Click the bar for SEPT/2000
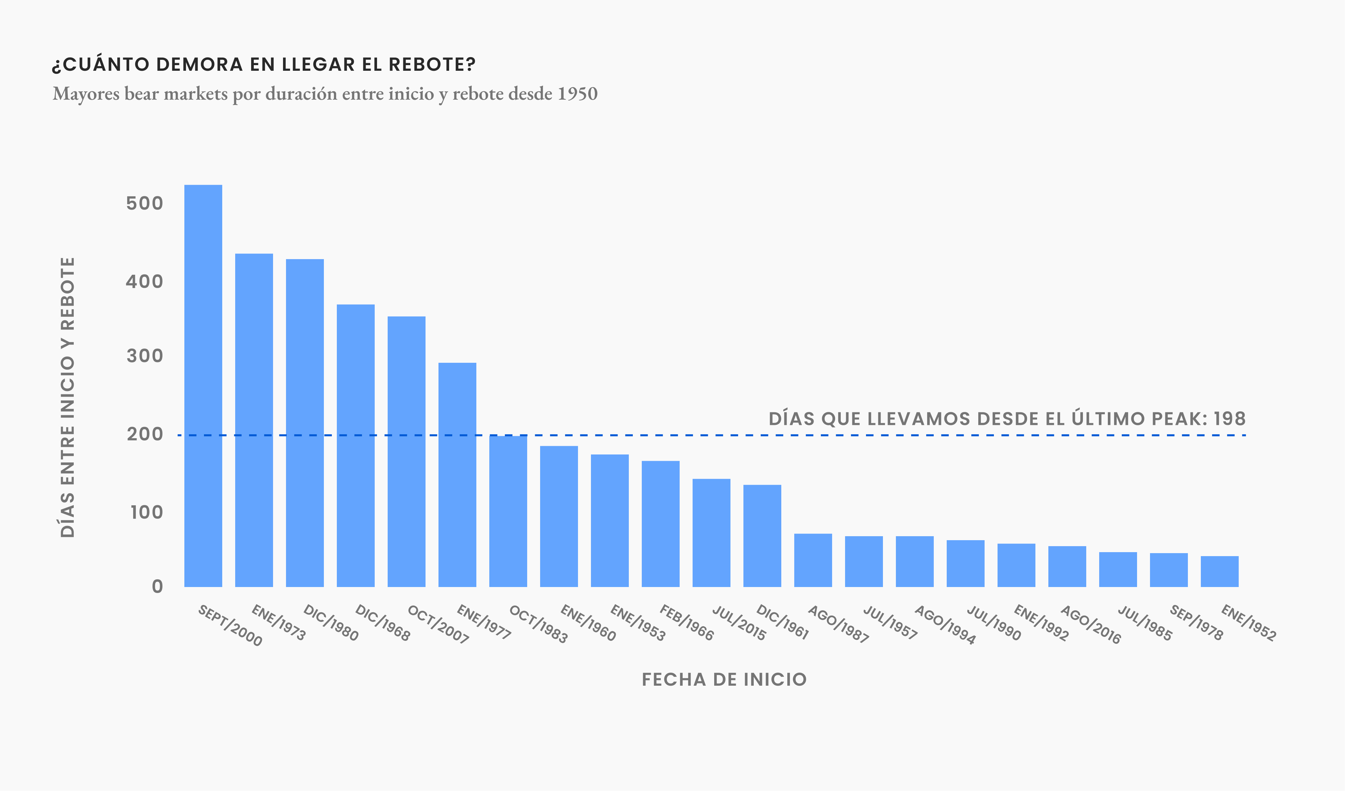pyautogui.click(x=203, y=386)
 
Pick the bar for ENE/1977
pyautogui.click(x=457, y=475)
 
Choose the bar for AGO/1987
pyautogui.click(x=813, y=560)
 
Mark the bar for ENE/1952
pyautogui.click(x=1219, y=572)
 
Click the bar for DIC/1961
pyautogui.click(x=762, y=536)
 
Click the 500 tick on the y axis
pyautogui.click(x=144, y=203)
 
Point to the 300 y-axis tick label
pyautogui.click(x=144, y=356)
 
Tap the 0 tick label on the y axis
pyautogui.click(x=157, y=587)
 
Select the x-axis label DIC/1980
pyautogui.click(x=331, y=622)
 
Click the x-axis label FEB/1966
pyautogui.click(x=686, y=622)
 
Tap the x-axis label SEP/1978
pyautogui.click(x=1196, y=622)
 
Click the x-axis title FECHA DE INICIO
pyautogui.click(x=724, y=679)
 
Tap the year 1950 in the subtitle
pyautogui.click(x=577, y=94)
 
